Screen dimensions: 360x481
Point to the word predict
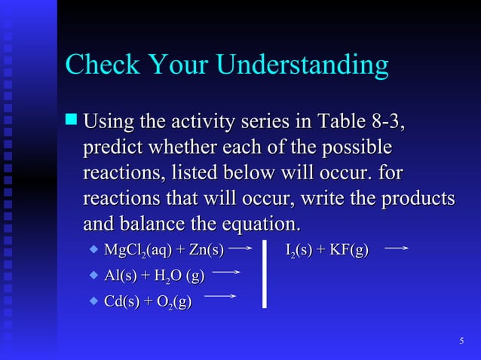(x=117, y=147)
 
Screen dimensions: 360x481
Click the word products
(x=419, y=199)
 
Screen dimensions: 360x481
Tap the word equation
(x=259, y=224)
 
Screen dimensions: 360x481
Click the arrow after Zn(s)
(x=239, y=246)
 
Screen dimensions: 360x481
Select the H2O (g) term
(x=179, y=276)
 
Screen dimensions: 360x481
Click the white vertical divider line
(x=265, y=273)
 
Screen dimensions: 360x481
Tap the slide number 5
(x=461, y=343)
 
